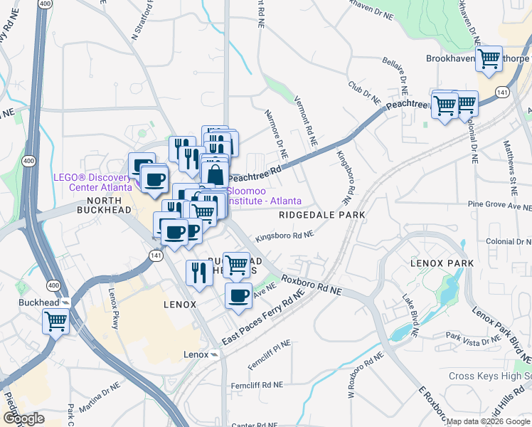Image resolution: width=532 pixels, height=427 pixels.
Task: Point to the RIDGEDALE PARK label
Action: point(321,214)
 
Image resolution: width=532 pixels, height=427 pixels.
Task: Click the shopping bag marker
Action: point(215,173)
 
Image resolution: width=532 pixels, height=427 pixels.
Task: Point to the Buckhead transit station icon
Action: point(65,302)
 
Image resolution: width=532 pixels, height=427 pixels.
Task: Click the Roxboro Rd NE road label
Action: point(312,286)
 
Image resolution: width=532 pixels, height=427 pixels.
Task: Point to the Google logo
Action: point(23,418)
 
